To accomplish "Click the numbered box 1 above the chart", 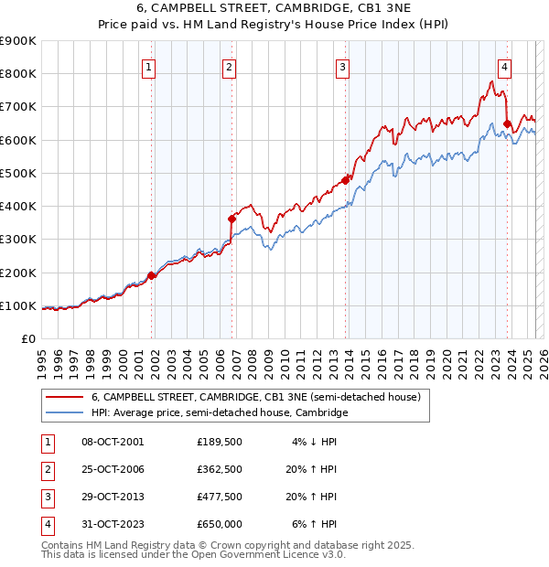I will coord(148,66).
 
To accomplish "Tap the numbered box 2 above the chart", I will coord(229,66).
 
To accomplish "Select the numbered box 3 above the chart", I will coord(341,66).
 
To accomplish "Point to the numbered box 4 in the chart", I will coord(504,66).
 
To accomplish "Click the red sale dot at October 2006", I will coord(232,219).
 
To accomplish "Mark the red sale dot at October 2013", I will coord(346,180).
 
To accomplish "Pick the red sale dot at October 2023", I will coord(508,123).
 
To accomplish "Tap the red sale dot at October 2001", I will coord(152,275).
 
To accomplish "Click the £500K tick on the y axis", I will coord(18,173).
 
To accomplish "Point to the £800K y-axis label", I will coord(18,74).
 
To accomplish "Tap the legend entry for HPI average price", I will coord(220,413).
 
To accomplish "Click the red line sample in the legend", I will coord(64,398).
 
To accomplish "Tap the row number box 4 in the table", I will coord(46,524).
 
